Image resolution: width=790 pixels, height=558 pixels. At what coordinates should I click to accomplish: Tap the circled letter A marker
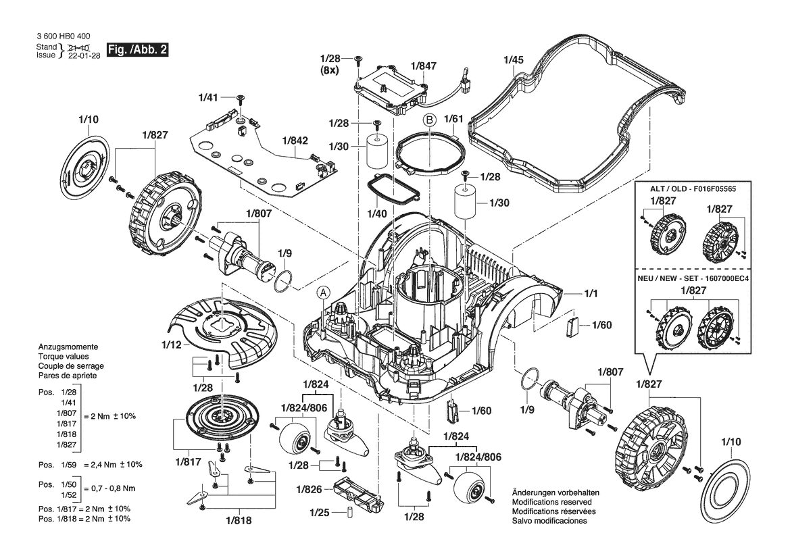click(323, 292)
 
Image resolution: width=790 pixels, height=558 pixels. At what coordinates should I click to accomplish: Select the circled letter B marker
click(429, 120)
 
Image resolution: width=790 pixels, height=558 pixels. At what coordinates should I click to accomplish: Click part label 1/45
click(514, 60)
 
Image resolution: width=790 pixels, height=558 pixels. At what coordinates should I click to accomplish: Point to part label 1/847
click(424, 66)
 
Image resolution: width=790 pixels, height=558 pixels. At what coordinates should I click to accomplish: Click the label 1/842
click(295, 141)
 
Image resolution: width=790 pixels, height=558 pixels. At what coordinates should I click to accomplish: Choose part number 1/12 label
click(171, 345)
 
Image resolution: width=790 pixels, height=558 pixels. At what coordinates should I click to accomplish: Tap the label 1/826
click(309, 489)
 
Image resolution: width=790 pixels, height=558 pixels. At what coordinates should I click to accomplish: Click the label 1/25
click(320, 513)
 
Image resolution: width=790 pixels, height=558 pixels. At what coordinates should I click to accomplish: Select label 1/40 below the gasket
click(377, 214)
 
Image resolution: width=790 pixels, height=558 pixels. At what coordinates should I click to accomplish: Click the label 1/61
click(453, 119)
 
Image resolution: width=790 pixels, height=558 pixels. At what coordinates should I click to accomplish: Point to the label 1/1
click(591, 293)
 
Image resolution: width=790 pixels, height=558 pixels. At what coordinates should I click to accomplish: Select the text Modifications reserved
click(551, 502)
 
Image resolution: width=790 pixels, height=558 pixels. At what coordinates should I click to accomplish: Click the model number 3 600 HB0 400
click(64, 36)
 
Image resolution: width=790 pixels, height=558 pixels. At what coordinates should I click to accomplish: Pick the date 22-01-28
click(80, 55)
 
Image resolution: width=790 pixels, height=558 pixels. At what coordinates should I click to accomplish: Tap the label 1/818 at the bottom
click(239, 522)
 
